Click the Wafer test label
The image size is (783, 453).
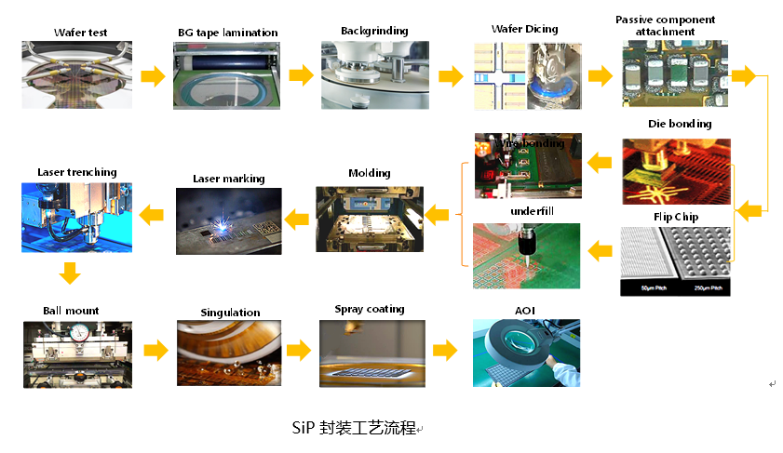tap(79, 33)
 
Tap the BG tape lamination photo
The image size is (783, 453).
tap(224, 74)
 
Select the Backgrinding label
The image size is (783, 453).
tap(372, 31)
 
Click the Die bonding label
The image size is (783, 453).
tap(680, 124)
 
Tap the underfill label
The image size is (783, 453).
tap(532, 212)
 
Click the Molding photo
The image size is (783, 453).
tap(370, 220)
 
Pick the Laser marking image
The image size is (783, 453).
tap(229, 221)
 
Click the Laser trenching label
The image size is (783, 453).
tap(77, 172)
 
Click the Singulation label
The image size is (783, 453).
tap(230, 313)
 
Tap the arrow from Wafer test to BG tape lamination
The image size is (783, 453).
tap(152, 75)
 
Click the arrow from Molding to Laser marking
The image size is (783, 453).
tap(296, 220)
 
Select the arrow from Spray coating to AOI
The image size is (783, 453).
tap(447, 351)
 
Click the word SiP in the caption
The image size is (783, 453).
tap(303, 429)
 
